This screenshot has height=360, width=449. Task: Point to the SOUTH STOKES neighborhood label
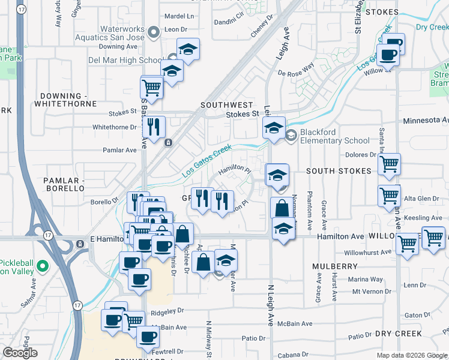pyautogui.click(x=339, y=171)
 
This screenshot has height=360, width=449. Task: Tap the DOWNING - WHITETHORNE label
pyautogui.click(x=68, y=100)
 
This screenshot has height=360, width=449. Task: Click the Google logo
pyautogui.click(x=20, y=353)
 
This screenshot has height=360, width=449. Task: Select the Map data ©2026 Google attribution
pyautogui.click(x=411, y=355)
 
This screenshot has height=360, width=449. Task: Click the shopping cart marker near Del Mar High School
pyautogui.click(x=152, y=87)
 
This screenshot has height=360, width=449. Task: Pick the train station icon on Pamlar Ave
pyautogui.click(x=168, y=142)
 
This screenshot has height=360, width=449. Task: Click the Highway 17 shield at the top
pyautogui.click(x=22, y=10)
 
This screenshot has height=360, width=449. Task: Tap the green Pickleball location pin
pyautogui.click(x=42, y=265)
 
